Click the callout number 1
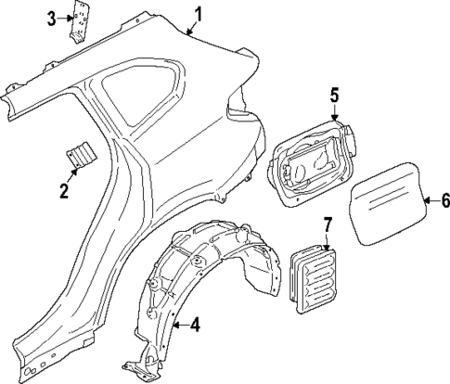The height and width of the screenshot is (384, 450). [198, 13]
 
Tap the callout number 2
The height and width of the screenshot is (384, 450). [64, 192]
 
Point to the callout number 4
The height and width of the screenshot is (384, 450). [194, 325]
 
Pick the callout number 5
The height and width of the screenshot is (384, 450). [335, 94]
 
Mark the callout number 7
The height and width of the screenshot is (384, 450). [327, 224]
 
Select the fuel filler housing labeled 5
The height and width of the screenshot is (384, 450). [312, 159]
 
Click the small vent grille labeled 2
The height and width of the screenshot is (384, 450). [80, 155]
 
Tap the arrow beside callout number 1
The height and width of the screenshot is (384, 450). [189, 27]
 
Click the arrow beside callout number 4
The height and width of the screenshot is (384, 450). [179, 325]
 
